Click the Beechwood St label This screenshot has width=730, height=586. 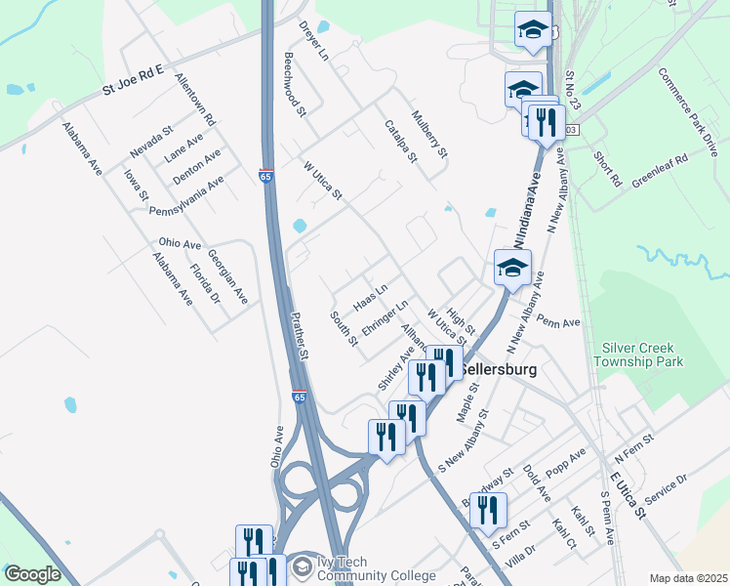[x=296, y=85]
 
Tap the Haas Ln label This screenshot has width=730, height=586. [x=370, y=290]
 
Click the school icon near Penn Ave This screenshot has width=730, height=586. [x=512, y=267]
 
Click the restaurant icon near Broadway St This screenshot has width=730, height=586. [x=489, y=510]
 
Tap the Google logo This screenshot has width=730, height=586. [x=32, y=574]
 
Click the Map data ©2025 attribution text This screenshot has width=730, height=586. [x=688, y=578]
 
